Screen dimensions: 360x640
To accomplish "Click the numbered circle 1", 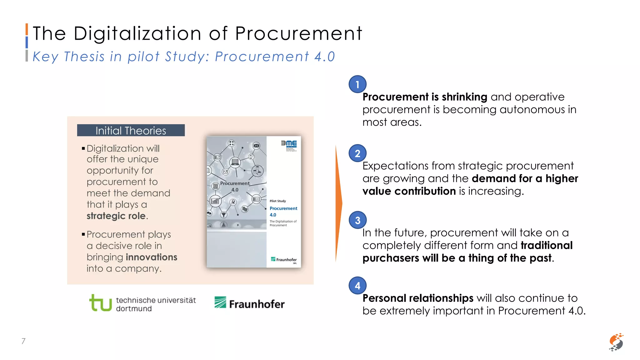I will click(x=357, y=84).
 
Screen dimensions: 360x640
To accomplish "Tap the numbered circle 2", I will click(x=357, y=153).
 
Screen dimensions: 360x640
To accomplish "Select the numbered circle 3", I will click(x=357, y=220).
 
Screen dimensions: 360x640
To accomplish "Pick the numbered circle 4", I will click(x=357, y=286).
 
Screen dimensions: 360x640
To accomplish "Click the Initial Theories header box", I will click(x=131, y=130).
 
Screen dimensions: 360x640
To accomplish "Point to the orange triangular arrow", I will click(x=339, y=203).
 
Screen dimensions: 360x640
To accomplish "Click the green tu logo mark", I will click(x=100, y=303).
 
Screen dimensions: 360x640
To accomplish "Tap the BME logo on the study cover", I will click(x=289, y=144).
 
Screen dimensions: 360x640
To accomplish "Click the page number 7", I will click(x=23, y=341).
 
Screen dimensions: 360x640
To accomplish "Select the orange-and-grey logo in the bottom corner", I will click(x=616, y=342).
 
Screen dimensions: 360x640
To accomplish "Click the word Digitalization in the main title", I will click(x=137, y=33).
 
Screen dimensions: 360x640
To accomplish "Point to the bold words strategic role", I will click(x=116, y=216).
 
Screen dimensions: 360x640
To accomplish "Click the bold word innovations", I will click(x=152, y=257).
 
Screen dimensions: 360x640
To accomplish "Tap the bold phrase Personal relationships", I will click(x=418, y=298).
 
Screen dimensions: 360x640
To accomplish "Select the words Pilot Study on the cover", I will click(x=278, y=201).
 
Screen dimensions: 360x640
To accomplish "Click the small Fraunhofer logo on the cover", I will click(x=284, y=259).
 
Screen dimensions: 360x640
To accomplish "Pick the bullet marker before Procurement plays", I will click(x=83, y=234).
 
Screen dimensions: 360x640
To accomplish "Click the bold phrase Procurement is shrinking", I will click(x=425, y=97).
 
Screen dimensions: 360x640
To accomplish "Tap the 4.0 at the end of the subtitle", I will click(x=325, y=57).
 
